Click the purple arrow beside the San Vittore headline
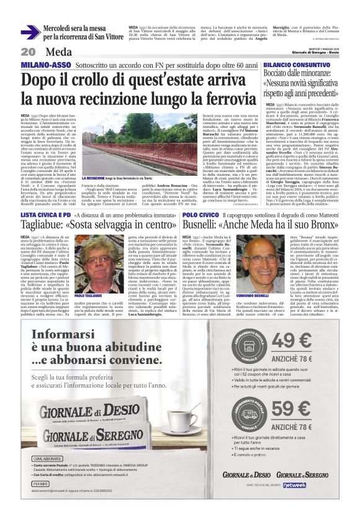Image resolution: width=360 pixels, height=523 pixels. tap(30, 32)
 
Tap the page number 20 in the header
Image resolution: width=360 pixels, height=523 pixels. tap(29, 52)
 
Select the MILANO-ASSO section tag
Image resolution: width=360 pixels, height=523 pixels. tap(45, 65)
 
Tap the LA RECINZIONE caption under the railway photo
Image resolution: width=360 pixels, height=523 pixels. tap(97, 161)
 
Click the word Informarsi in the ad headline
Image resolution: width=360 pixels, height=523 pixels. tap(65, 336)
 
